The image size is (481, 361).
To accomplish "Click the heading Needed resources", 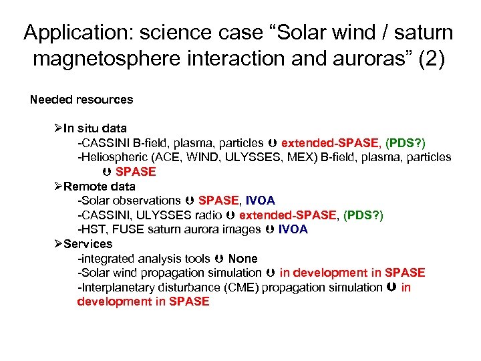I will pos(82,100).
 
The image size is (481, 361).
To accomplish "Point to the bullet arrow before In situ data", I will pos(58,128).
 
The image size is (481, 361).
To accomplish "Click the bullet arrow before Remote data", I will pos(58,186).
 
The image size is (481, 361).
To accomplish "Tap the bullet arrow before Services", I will pos(58,243).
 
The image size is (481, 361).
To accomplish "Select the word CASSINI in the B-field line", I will pos(106,142).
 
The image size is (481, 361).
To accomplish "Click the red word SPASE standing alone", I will pos(136,172).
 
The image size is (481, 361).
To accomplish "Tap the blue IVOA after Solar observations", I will pos(260,201).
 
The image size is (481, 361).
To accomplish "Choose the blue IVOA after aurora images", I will pos(293,229).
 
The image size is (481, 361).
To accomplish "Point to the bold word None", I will pos(243,258).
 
